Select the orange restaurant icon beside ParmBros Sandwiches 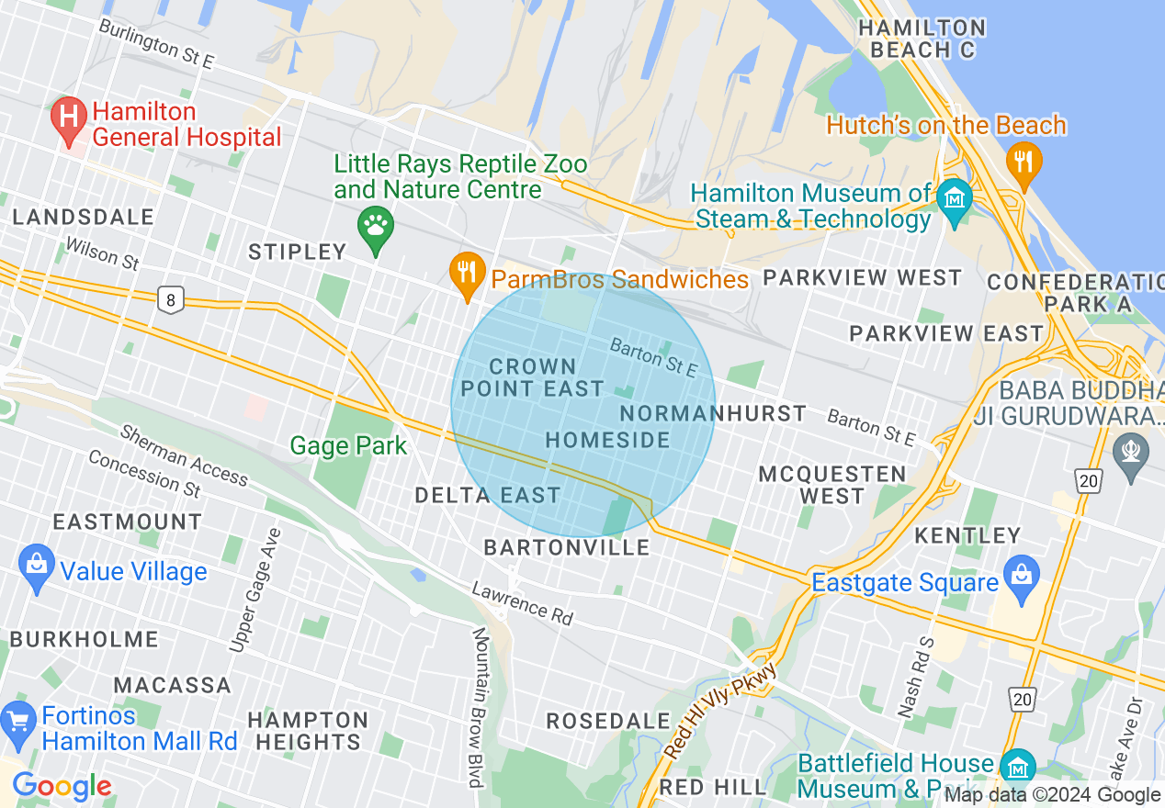click(468, 275)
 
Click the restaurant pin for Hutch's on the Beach click(1023, 163)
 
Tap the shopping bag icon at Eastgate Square click(1021, 574)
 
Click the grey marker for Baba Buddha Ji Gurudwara click(1128, 451)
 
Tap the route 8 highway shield click(169, 299)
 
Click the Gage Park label click(348, 446)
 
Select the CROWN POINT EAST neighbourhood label click(532, 378)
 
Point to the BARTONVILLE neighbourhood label click(567, 548)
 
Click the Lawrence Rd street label click(522, 603)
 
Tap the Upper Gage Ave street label click(254, 590)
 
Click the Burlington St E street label click(156, 45)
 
